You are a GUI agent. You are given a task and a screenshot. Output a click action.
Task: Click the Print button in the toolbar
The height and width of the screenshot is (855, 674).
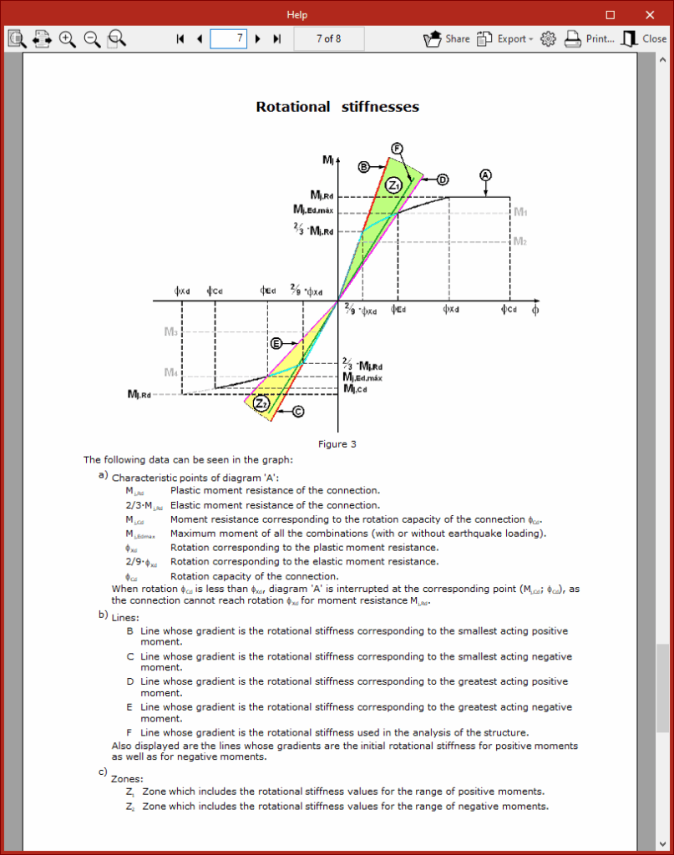(590, 38)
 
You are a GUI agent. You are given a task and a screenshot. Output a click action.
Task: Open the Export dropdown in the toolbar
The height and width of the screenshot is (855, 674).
(504, 38)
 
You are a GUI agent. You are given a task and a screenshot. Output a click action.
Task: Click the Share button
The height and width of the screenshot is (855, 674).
(447, 38)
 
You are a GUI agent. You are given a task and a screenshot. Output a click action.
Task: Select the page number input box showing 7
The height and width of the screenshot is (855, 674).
(228, 38)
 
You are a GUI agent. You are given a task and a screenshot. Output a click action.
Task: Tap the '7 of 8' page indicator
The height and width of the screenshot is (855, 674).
(329, 38)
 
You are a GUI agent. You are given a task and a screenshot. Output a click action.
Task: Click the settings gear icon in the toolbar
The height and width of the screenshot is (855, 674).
(549, 38)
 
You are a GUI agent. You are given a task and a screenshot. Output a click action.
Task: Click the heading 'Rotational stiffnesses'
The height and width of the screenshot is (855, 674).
(337, 107)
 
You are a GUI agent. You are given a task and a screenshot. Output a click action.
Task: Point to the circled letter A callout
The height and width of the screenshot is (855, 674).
(486, 175)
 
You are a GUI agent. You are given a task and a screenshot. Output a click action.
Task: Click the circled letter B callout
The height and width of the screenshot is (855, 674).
(364, 167)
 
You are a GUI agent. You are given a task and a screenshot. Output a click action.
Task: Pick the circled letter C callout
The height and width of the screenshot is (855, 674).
(297, 411)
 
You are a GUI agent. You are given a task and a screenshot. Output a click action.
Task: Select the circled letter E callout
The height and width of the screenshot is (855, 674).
(276, 343)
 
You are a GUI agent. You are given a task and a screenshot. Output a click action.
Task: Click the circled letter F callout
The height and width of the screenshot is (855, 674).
(398, 148)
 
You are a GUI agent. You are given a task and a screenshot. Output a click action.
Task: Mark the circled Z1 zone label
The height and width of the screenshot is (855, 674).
(393, 184)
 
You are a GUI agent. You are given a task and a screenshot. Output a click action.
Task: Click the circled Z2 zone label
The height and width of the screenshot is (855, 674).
(261, 404)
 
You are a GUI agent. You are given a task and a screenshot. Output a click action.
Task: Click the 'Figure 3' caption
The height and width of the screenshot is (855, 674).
(337, 444)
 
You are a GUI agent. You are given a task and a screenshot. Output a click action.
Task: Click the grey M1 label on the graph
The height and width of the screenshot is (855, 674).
(520, 212)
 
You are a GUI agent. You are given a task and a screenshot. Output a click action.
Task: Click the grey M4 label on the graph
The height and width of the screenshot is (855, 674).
(170, 372)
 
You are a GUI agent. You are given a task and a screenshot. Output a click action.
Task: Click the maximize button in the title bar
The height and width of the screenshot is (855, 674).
(611, 14)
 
